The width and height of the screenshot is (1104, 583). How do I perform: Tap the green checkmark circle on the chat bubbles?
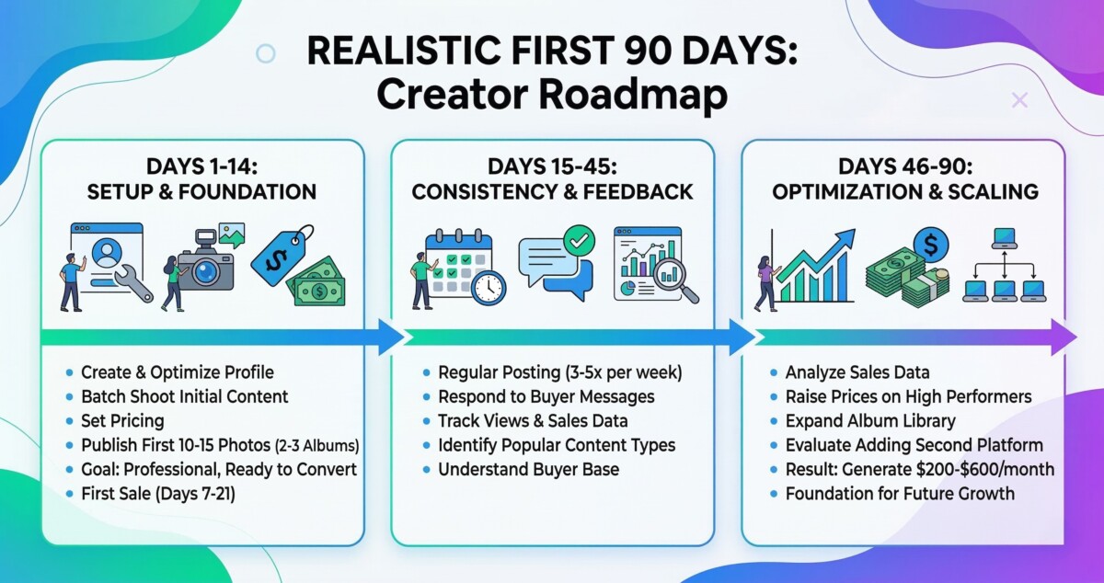coord(579,241)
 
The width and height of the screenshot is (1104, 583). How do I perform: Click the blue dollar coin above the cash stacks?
coord(930,245)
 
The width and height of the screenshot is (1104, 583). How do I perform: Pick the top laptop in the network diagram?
coord(1005,238)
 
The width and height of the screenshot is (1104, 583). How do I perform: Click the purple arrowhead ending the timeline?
coord(1064,337)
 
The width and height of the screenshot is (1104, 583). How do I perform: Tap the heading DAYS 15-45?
coord(552,166)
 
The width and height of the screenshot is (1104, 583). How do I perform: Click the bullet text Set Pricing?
coord(122,421)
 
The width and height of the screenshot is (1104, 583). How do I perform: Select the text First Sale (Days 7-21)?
coord(158,493)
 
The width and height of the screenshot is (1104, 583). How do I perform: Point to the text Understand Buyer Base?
coord(528,469)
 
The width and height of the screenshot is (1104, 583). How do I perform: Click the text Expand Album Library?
coord(870,421)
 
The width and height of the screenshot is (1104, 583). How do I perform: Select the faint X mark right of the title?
coord(1019,100)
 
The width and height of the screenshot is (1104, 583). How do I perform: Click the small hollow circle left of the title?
coord(266,53)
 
